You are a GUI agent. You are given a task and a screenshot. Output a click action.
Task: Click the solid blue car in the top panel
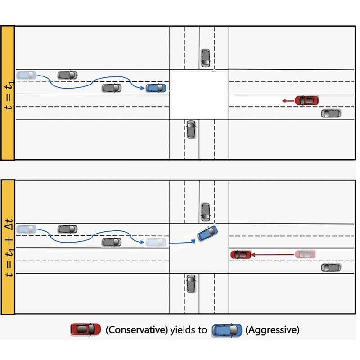(x=156, y=88)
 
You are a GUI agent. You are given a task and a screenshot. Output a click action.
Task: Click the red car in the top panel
(x=307, y=100)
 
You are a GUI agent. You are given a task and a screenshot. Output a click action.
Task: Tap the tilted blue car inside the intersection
(x=207, y=233)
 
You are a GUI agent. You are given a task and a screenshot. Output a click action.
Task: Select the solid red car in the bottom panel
(x=241, y=255)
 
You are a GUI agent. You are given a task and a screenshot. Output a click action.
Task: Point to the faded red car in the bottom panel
(x=306, y=254)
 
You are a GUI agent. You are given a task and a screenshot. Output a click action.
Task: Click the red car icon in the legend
(x=85, y=330)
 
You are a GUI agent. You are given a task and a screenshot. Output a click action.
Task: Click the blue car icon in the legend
(x=227, y=330)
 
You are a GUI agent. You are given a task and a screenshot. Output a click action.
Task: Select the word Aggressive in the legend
(x=273, y=330)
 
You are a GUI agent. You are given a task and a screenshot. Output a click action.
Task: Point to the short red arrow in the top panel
(x=288, y=101)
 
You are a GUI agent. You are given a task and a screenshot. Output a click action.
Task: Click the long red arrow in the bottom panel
(x=273, y=255)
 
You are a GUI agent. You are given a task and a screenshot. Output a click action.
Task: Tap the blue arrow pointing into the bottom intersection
(x=183, y=242)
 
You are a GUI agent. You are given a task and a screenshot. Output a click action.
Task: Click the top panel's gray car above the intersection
(x=205, y=58)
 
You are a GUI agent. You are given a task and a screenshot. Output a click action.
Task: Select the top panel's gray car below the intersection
(x=191, y=130)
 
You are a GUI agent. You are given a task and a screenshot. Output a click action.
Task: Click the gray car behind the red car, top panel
(x=331, y=113)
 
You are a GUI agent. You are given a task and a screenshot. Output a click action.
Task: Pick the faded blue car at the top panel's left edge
(x=27, y=75)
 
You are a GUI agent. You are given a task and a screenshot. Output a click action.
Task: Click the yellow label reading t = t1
(x=8, y=93)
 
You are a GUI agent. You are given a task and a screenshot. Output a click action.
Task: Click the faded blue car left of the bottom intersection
(x=156, y=242)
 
